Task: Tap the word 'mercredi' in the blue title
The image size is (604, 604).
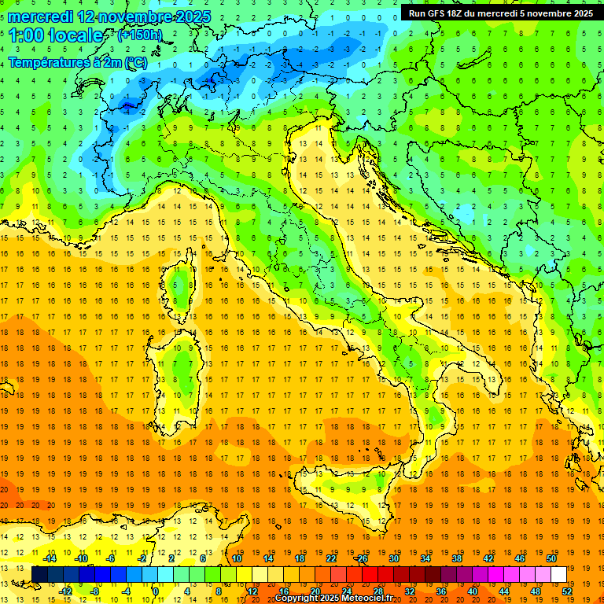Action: (35, 17)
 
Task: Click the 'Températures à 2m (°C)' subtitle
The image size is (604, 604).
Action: (78, 62)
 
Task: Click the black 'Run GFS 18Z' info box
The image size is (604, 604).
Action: (500, 13)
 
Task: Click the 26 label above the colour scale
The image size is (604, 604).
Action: (361, 558)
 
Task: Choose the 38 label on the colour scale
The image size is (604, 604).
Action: (456, 558)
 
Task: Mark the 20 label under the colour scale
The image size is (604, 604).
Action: (315, 591)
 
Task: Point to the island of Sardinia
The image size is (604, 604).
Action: (182, 370)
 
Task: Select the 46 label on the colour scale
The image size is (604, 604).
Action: (520, 558)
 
